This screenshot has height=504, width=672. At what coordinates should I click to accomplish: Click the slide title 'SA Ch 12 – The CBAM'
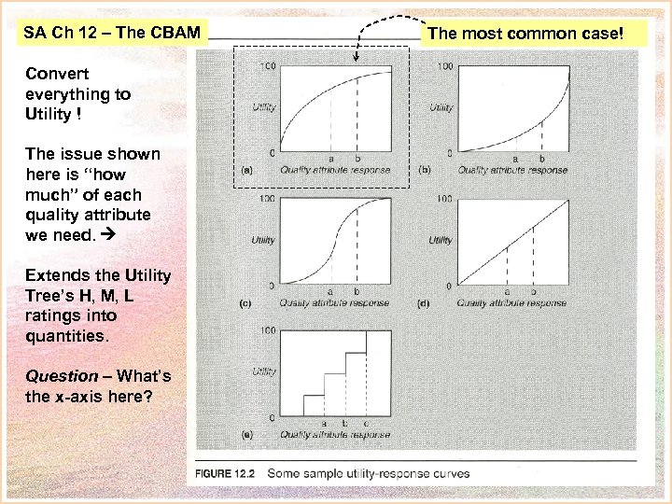point(112,34)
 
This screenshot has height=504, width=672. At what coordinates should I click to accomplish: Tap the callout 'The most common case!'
point(524,34)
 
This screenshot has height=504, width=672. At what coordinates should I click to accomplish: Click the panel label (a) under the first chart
point(246,171)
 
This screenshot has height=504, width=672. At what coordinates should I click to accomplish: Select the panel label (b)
point(425,171)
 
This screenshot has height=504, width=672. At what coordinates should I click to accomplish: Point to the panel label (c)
point(246,303)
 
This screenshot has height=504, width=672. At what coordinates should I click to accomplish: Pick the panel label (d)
point(425,303)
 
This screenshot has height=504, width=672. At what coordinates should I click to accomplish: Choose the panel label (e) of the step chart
point(246,435)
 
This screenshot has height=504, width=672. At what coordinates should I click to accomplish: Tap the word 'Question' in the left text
point(62,376)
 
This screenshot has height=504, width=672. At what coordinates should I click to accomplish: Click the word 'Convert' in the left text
point(58,74)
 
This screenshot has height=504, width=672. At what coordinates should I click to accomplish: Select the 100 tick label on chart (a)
point(267,66)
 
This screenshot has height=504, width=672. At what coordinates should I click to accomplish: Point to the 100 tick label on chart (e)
point(267,330)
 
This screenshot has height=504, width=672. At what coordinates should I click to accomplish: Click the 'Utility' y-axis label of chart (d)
point(441,241)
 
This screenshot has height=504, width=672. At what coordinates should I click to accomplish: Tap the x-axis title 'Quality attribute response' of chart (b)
point(512,171)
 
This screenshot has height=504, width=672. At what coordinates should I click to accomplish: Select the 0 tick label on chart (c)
point(272,285)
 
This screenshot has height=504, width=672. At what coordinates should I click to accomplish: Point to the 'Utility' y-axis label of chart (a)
point(264,108)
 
